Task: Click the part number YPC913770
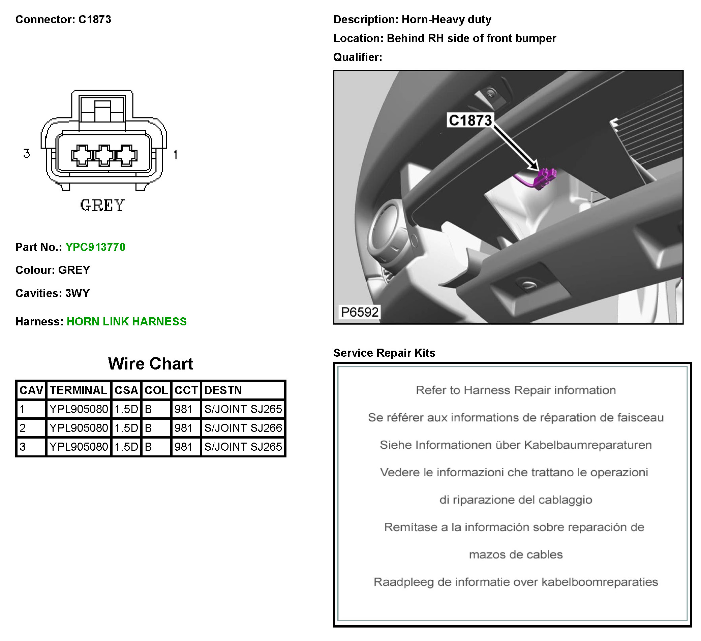95,247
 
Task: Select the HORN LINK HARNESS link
127,321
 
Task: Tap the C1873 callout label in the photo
470,120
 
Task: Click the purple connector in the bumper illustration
545,179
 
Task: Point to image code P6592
360,312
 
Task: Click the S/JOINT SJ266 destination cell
243,427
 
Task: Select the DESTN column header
223,390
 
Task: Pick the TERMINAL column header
79,390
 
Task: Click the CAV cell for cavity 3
23,446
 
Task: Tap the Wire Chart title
151,363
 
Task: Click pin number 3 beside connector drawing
27,153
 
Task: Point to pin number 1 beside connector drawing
176,154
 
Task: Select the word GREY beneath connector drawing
102,205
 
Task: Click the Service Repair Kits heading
384,352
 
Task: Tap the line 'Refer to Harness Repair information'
516,390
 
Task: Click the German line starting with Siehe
516,445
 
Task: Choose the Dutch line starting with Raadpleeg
516,582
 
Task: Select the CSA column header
126,390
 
